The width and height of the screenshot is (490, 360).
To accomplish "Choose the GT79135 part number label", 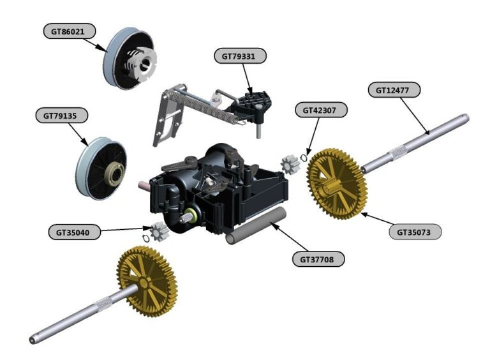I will pyautogui.click(x=61, y=116).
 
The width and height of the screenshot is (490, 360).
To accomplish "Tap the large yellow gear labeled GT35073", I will pyautogui.click(x=338, y=183).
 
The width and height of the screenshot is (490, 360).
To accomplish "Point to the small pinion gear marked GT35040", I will pyautogui.click(x=158, y=229).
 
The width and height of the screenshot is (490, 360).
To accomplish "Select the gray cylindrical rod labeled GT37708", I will pyautogui.click(x=255, y=226).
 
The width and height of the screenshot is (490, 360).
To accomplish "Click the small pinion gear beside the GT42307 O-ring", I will pyautogui.click(x=290, y=165).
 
